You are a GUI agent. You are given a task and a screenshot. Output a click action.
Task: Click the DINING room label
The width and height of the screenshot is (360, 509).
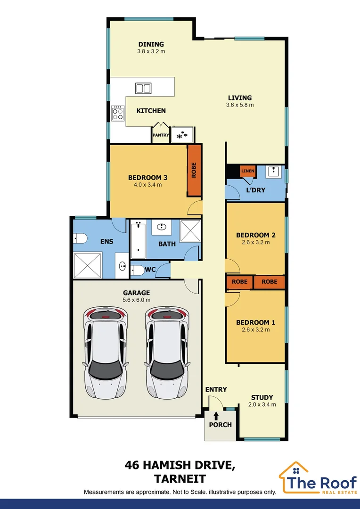[151, 45]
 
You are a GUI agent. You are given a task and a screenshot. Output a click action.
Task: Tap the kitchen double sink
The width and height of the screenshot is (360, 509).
[143, 88]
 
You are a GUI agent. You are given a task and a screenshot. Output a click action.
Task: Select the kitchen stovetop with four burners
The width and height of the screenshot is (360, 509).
[117, 113]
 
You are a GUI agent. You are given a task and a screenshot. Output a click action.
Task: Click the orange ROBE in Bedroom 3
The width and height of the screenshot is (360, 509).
[194, 170]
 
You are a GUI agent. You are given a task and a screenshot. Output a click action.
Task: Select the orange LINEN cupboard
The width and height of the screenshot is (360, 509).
[248, 171]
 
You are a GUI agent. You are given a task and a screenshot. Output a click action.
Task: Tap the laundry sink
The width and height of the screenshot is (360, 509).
[273, 172]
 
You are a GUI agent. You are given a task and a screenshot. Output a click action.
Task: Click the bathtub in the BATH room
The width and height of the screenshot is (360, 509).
[138, 238]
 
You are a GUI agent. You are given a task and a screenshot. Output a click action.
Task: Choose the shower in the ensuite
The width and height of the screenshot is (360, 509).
[88, 265]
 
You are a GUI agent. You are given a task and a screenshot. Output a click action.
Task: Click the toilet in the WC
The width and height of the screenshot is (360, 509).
[137, 270]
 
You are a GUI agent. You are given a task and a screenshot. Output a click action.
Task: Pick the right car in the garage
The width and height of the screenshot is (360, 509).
[166, 352]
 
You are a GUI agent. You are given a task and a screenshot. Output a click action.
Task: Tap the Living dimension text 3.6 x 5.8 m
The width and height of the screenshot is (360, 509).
[240, 105]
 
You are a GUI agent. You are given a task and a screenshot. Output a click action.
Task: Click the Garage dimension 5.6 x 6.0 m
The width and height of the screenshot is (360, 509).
[137, 300]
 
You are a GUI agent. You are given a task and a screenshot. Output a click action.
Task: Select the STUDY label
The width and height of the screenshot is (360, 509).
[262, 397]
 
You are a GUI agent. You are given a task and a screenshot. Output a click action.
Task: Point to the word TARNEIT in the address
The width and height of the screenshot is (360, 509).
[180, 479]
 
